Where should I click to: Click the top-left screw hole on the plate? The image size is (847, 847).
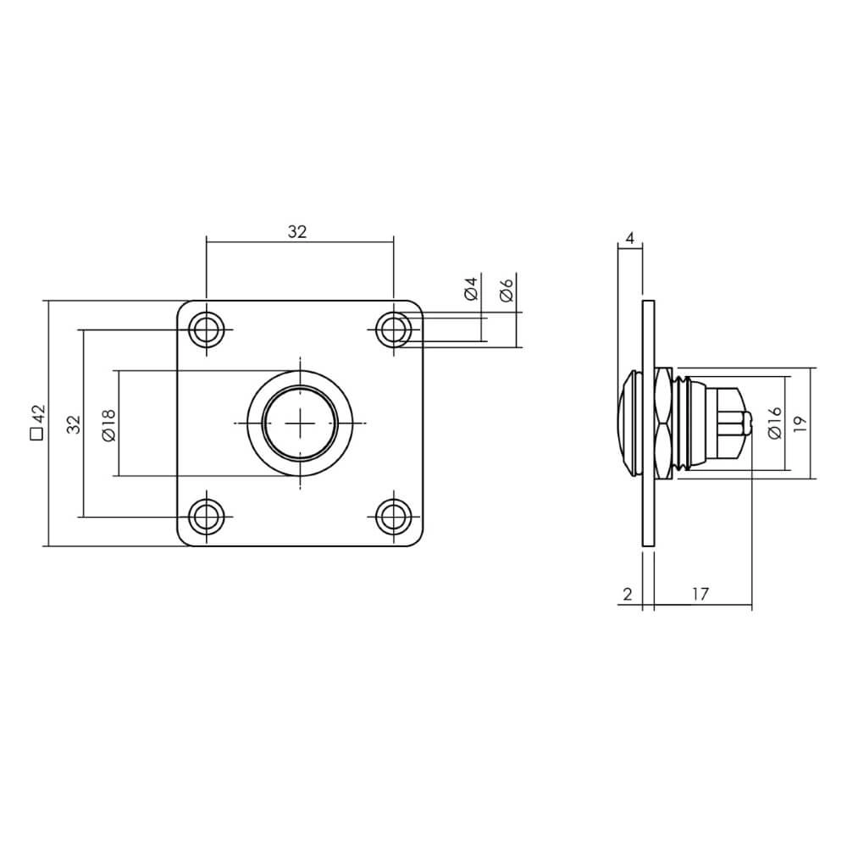(206, 329)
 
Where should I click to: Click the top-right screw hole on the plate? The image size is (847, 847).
(393, 329)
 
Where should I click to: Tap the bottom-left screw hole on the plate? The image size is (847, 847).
(206, 516)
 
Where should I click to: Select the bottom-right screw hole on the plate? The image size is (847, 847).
(393, 516)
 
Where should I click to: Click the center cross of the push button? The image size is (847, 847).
(300, 423)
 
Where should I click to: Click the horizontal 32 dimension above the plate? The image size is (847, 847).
(296, 232)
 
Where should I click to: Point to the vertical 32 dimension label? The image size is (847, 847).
(74, 423)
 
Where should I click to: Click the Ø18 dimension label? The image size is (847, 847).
(108, 423)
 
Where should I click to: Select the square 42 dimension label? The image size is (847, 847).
(36, 423)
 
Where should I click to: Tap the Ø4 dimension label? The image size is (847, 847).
(472, 289)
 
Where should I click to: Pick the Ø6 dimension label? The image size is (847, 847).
(507, 289)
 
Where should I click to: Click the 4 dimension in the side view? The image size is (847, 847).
(629, 239)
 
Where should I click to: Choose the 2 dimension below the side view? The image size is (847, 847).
(628, 594)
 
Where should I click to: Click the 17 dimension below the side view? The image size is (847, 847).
(700, 594)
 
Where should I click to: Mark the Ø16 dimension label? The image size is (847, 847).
(773, 423)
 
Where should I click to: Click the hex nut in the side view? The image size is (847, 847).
(664, 423)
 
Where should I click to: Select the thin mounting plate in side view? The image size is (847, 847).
(649, 508)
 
